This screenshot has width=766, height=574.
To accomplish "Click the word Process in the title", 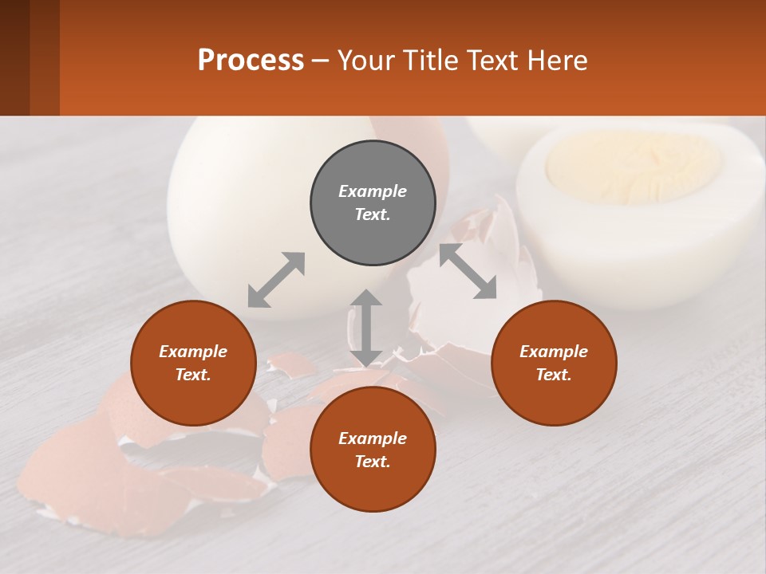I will [251, 61].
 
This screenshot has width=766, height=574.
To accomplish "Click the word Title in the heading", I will [431, 61].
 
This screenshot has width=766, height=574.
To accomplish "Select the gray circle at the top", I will [373, 202].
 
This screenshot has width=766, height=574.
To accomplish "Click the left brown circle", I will [193, 363].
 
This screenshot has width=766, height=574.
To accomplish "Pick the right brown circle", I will [554, 363].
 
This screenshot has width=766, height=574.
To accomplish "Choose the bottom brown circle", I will [373, 449].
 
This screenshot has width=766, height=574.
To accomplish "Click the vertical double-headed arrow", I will [366, 328].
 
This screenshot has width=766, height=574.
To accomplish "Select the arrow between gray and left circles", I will [276, 280].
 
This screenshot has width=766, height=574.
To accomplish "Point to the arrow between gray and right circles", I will [468, 271].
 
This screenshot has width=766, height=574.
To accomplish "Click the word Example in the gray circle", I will [373, 191].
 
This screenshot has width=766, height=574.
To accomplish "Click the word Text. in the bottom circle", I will [373, 462].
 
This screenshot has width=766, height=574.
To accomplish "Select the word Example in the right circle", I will [554, 352].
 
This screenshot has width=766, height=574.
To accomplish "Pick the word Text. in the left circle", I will [193, 375].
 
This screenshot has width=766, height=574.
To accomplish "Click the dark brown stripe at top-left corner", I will [14, 57].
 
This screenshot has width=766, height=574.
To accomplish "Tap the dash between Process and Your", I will [321, 61].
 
